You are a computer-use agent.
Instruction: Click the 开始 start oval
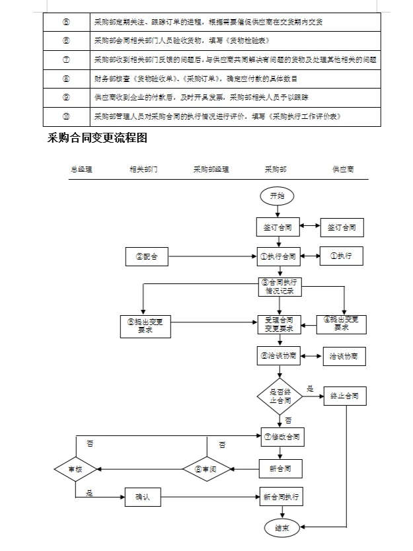click(x=278, y=196)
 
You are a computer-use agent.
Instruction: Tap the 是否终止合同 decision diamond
click(x=280, y=396)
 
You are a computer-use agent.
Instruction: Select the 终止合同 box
click(x=344, y=396)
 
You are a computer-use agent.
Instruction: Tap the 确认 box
click(x=143, y=497)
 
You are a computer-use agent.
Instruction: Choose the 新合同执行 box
click(x=281, y=497)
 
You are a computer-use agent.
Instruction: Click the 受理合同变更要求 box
click(x=280, y=324)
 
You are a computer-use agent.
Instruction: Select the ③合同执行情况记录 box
click(x=280, y=285)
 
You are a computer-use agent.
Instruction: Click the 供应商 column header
click(x=342, y=169)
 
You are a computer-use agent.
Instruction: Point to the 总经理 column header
click(x=81, y=169)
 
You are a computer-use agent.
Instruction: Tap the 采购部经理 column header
click(x=211, y=169)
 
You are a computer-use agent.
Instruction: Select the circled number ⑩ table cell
click(x=66, y=116)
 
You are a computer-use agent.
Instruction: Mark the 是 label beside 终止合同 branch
click(x=310, y=388)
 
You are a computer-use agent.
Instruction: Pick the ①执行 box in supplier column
click(x=341, y=256)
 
